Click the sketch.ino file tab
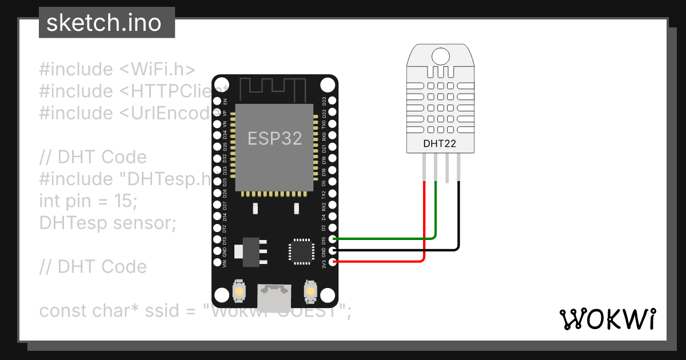[103, 23]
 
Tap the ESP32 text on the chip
[274, 138]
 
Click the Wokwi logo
[607, 319]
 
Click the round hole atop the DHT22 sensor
[440, 56]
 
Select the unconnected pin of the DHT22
[447, 168]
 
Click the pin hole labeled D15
[333, 239]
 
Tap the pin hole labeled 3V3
[333, 262]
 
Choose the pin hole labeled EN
[217, 101]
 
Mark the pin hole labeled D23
[333, 101]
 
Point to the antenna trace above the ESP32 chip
[269, 87]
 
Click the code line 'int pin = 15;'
[88, 201]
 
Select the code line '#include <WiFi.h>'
[117, 69]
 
